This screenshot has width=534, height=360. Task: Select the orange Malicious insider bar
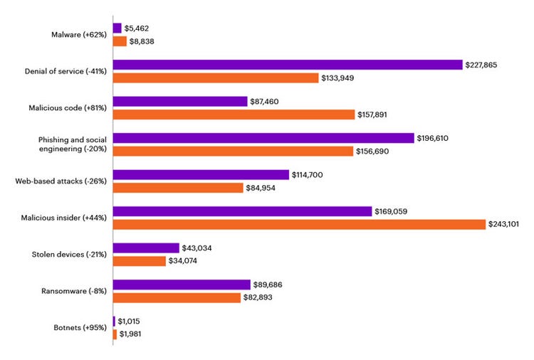tap(298, 224)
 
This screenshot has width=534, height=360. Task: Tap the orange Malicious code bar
tap(234, 114)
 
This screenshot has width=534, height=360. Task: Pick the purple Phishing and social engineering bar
tap(263, 138)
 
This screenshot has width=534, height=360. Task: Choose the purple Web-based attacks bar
tap(201, 175)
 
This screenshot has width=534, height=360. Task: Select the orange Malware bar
tap(120, 41)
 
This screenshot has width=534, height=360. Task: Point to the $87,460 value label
tap(264, 102)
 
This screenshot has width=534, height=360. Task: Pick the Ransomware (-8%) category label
tap(75, 291)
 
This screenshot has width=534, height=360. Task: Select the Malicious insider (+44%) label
tap(66, 218)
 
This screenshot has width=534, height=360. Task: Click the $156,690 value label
tap(374, 151)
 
